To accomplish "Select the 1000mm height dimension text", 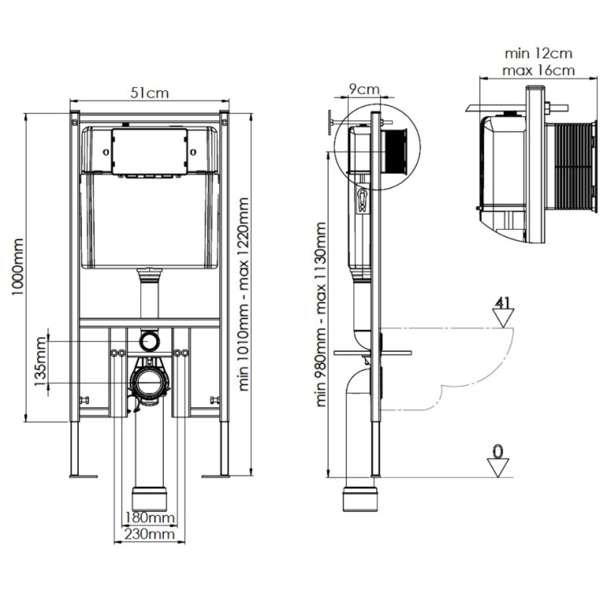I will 19,266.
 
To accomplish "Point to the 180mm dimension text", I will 149,519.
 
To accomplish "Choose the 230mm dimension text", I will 149,534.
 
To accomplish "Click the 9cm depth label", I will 362,89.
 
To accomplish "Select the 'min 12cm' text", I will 537,54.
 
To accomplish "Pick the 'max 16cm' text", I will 538,70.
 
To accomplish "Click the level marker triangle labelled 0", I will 498,465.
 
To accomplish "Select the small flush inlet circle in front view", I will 148,341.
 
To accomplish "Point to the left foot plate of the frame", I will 83,474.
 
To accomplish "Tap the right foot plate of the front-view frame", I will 216,474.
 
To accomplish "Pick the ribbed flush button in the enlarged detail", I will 569,166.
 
